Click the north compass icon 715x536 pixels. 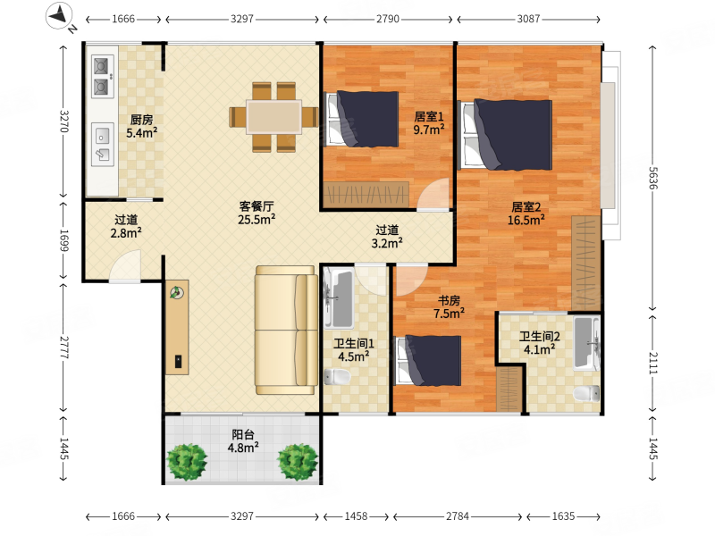coord(59,16)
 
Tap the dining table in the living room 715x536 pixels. coord(273,117)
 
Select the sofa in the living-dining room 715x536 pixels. coord(286,330)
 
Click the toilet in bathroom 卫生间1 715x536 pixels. coord(337,376)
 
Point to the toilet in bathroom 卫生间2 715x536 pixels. coord(586,393)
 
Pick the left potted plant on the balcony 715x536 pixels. coord(187,462)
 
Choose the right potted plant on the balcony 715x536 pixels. coord(298,462)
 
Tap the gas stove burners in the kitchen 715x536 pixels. coord(102,77)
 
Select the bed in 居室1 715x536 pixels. coord(362,119)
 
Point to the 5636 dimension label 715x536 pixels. coord(653,178)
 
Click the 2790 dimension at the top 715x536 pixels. coord(388,19)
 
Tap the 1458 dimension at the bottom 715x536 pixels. coord(356,516)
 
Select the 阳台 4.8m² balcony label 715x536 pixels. coord(243,441)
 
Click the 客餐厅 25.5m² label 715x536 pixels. coord(257,213)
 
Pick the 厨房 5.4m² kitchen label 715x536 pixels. coord(142,126)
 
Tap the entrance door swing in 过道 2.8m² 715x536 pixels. coord(125,265)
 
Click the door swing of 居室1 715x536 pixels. coord(433,194)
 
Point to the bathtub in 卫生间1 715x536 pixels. coord(339,298)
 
